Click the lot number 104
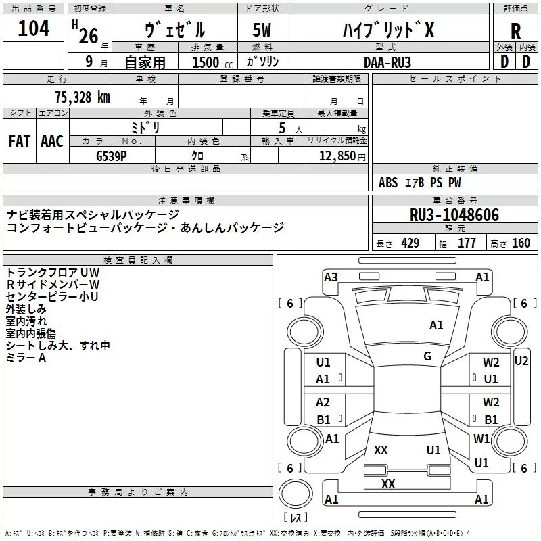pos(33,28)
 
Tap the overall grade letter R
pos(515,31)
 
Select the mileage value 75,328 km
pos(83,97)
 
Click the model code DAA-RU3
pos(387,62)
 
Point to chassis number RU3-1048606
pos(454,215)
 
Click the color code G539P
pos(112,156)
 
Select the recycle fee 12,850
pos(337,156)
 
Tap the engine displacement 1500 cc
pos(212,62)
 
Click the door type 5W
pos(262,30)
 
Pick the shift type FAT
pos(20,141)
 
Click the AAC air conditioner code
pos(52,141)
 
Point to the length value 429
pos(410,243)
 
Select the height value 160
pos(521,243)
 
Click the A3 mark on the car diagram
pos(331,277)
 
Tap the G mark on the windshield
pos(427,356)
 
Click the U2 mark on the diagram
pos(521,361)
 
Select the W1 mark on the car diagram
pos(481,438)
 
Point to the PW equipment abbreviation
pos(454,183)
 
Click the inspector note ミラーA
pos(26,358)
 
